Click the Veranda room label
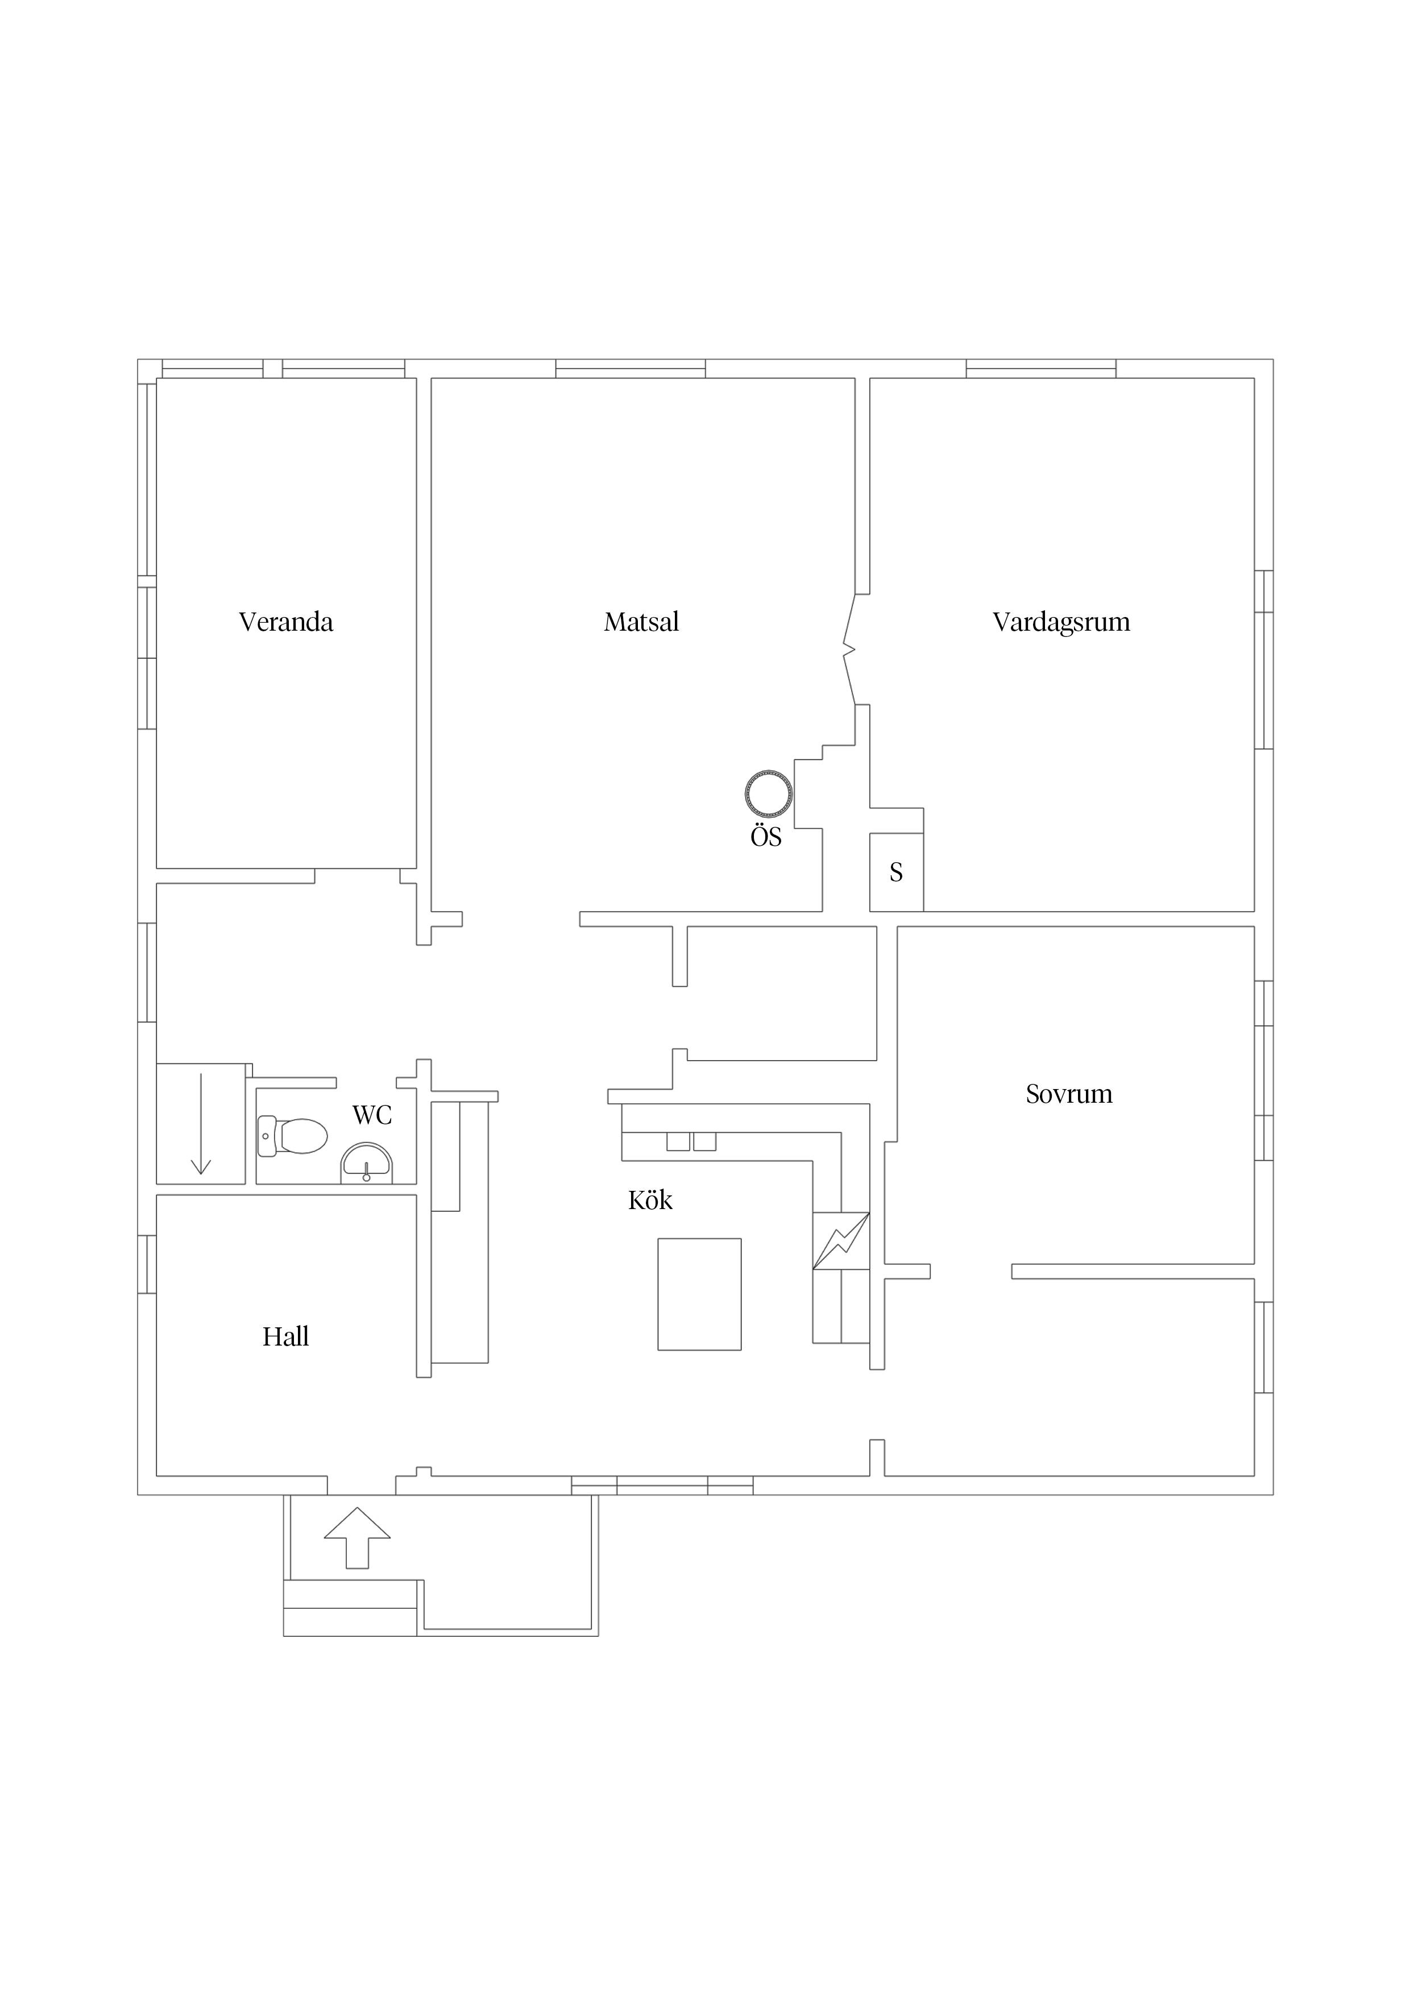pos(286,622)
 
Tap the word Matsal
pos(641,622)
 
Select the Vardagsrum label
pos(1061,622)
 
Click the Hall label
pos(286,1336)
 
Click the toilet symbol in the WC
pos(293,1136)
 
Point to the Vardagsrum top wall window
pos(1041,369)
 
